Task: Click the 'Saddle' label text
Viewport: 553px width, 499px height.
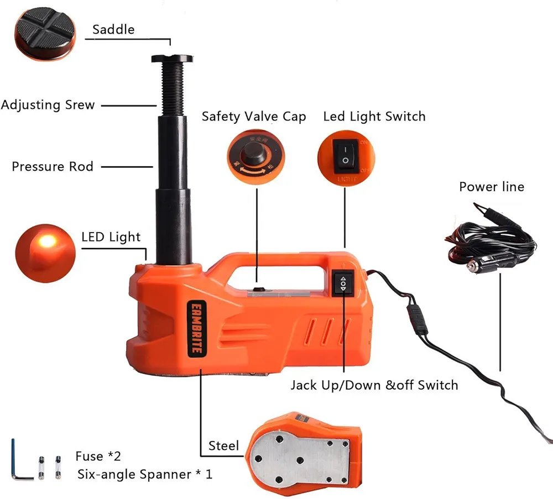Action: [x=113, y=29]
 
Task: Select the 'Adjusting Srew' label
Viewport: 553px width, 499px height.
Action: [x=48, y=104]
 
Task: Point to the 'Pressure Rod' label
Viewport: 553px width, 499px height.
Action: [x=53, y=166]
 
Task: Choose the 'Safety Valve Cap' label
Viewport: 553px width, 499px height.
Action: [x=253, y=117]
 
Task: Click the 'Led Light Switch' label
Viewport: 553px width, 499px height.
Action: [x=374, y=117]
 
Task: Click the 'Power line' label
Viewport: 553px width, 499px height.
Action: [x=491, y=187]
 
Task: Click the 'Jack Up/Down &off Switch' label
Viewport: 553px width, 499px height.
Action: [x=374, y=385]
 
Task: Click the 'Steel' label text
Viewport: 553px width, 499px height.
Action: [x=223, y=445]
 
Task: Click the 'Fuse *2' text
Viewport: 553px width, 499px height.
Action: [x=98, y=456]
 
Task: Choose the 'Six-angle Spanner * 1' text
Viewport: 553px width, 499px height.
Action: [x=144, y=474]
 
